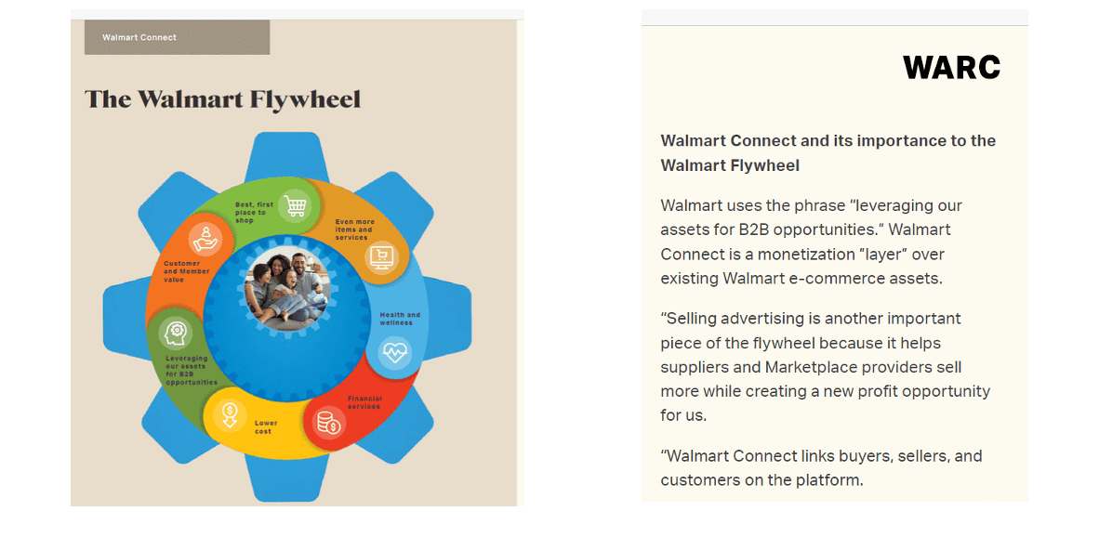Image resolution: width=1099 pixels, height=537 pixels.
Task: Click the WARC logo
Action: (951, 67)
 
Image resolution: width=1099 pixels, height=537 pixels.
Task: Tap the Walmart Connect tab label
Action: (139, 37)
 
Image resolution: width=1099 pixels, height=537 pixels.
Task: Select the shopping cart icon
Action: (295, 206)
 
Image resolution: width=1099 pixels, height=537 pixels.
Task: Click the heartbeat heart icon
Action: (394, 352)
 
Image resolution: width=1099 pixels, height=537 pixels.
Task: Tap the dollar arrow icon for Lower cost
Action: (229, 415)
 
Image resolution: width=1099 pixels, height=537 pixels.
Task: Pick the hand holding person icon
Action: (205, 239)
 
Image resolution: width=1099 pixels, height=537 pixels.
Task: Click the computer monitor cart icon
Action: (382, 257)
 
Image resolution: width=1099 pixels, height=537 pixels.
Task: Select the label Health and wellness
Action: (400, 319)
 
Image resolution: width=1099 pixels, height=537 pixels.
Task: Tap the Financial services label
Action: (364, 402)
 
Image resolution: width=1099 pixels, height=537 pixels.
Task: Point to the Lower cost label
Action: (263, 427)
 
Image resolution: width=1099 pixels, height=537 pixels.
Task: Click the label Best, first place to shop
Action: (255, 212)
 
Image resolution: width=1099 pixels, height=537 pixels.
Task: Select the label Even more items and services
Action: (354, 229)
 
